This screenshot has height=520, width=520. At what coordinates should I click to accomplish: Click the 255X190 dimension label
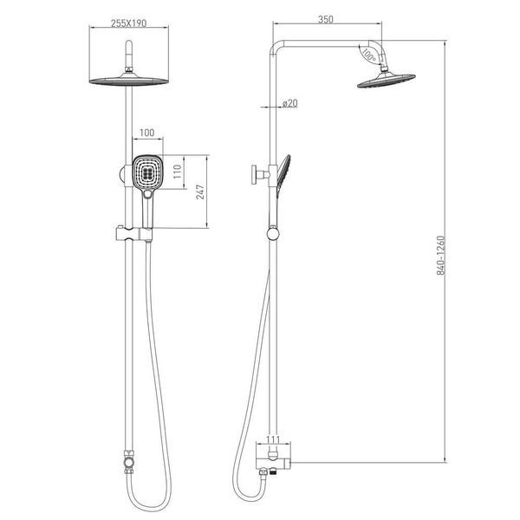pos(128,23)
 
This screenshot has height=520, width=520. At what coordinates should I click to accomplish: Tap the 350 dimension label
pos(325,19)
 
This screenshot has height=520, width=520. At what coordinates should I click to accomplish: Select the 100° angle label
pos(368,55)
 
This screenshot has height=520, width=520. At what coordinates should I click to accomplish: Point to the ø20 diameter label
pos(289,103)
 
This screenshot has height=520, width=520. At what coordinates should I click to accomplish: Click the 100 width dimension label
pos(147,133)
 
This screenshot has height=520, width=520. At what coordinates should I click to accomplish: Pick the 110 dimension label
pos(178,172)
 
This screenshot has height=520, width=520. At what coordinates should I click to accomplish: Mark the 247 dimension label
pos(200,192)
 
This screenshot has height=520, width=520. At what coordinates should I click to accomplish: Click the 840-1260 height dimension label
pos(440,256)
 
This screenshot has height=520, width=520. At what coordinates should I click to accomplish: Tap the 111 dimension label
pos(273,440)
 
